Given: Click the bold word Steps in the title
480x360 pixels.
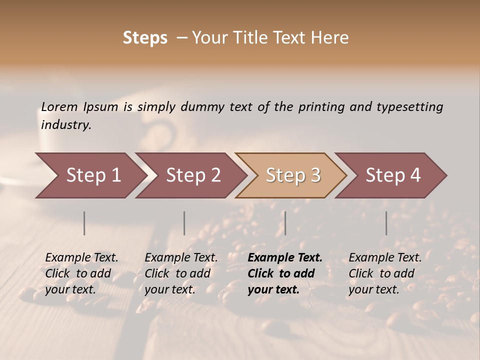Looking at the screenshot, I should point(145,38).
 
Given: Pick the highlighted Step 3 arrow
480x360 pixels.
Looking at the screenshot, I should point(293,175).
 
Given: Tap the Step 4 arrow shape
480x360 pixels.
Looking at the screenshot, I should point(393,175).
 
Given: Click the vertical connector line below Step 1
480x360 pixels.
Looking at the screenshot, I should point(84,223).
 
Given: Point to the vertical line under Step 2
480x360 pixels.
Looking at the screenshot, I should point(184,223).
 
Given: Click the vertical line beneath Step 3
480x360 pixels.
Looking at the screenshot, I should point(285,223).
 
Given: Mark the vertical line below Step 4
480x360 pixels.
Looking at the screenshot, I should point(386,223).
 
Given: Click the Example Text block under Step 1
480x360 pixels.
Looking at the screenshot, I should point(81,273).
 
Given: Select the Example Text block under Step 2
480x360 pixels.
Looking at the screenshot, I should point(181,273).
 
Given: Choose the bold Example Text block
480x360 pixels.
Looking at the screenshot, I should point(285,273).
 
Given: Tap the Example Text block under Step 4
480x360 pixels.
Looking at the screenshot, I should point(385,273).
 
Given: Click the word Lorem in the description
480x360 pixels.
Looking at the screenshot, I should point(59,107).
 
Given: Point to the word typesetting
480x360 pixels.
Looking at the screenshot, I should point(409,107).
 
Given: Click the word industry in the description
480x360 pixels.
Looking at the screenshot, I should point(66,125).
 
